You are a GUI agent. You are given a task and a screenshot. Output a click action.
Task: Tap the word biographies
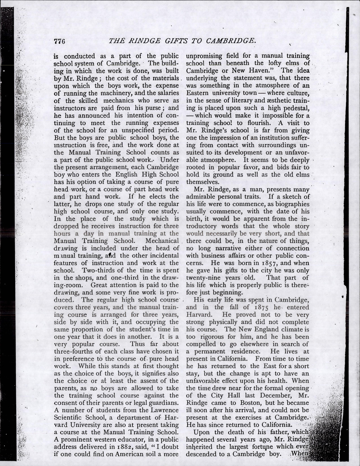tap(291, 204)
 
